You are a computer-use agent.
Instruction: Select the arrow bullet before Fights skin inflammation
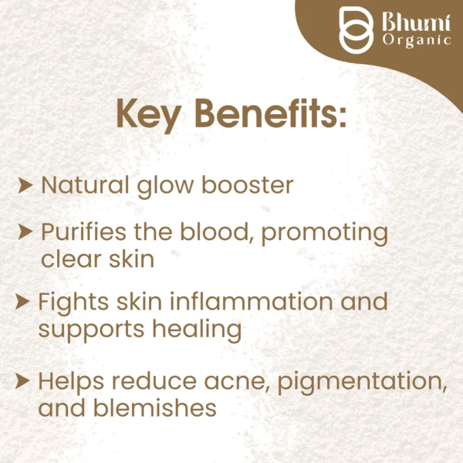25,300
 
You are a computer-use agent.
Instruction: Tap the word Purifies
82,232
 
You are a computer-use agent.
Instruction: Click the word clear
70,259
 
